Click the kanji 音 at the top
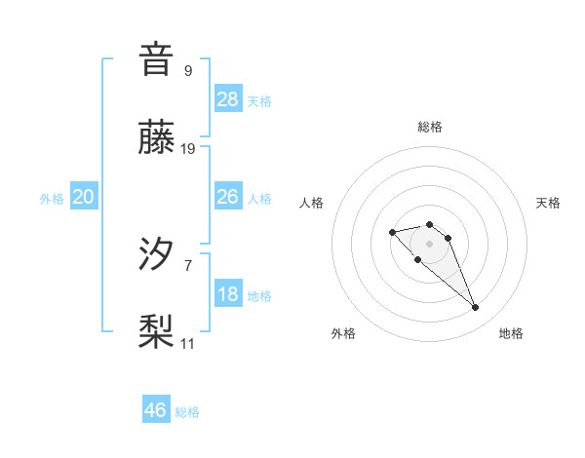pyautogui.click(x=156, y=59)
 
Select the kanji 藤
pyautogui.click(x=156, y=137)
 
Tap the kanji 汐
pyautogui.click(x=156, y=254)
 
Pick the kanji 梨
pyautogui.click(x=156, y=332)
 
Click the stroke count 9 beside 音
pyautogui.click(x=187, y=70)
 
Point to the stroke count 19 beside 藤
pyautogui.click(x=188, y=149)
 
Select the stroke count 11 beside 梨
pyautogui.click(x=188, y=344)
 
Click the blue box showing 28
pyautogui.click(x=228, y=98)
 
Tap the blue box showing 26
pyautogui.click(x=228, y=197)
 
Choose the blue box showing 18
pyautogui.click(x=228, y=294)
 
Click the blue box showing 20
pyautogui.click(x=84, y=197)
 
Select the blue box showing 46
pyautogui.click(x=156, y=410)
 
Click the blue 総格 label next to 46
pyautogui.click(x=187, y=412)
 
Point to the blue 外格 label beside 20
pyautogui.click(x=52, y=199)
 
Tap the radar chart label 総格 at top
pyautogui.click(x=430, y=127)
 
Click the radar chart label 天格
pyautogui.click(x=548, y=203)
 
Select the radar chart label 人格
pyautogui.click(x=312, y=203)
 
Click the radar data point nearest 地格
pyautogui.click(x=475, y=308)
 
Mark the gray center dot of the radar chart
pyautogui.click(x=429, y=244)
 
